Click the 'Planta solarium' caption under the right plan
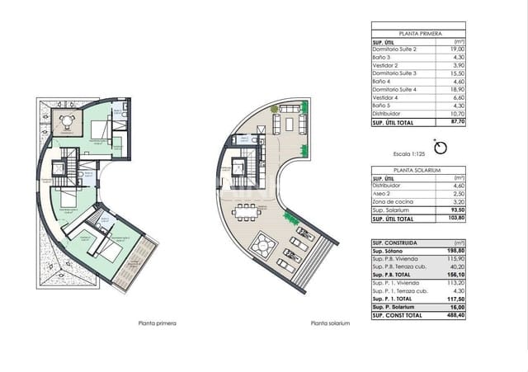point(330,323)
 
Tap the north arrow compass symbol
point(441,148)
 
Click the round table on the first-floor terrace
point(66,120)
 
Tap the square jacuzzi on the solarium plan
point(263,244)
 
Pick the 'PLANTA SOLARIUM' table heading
point(412,169)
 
